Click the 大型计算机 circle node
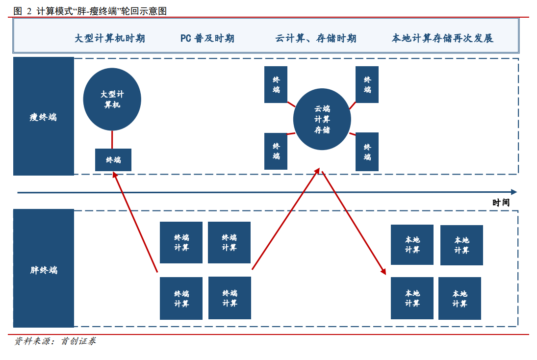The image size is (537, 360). [x=112, y=99]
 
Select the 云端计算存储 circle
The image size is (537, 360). [x=322, y=119]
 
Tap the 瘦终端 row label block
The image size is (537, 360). [x=44, y=116]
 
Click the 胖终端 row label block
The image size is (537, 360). [x=44, y=268]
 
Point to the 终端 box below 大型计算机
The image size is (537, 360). [x=113, y=159]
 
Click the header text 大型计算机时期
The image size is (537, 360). [x=110, y=38]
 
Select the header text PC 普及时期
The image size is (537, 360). [x=207, y=38]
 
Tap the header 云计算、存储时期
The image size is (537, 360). [x=316, y=38]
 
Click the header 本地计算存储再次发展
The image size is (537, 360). [x=442, y=38]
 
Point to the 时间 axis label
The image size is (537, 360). [x=501, y=203]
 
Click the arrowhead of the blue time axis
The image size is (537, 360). [x=514, y=192]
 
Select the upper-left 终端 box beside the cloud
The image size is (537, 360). [x=276, y=85]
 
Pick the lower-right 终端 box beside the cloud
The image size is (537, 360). [x=367, y=152]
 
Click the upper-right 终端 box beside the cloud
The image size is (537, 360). [x=367, y=85]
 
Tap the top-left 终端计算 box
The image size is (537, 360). [x=181, y=242]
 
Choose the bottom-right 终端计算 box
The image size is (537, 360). [x=230, y=298]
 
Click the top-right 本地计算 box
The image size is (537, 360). [x=461, y=245]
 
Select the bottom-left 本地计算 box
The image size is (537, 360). [x=412, y=298]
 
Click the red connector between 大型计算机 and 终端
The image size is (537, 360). [x=112, y=139]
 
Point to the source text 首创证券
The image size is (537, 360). [x=78, y=341]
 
